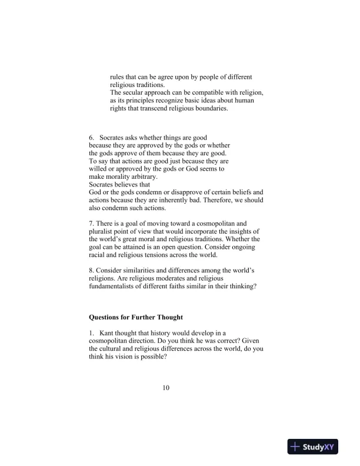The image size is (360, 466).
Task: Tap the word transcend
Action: click(156, 108)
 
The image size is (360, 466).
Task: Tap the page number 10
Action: click(166, 388)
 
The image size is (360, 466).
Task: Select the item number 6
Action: click(92, 137)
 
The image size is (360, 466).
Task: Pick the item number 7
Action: click(91, 224)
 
